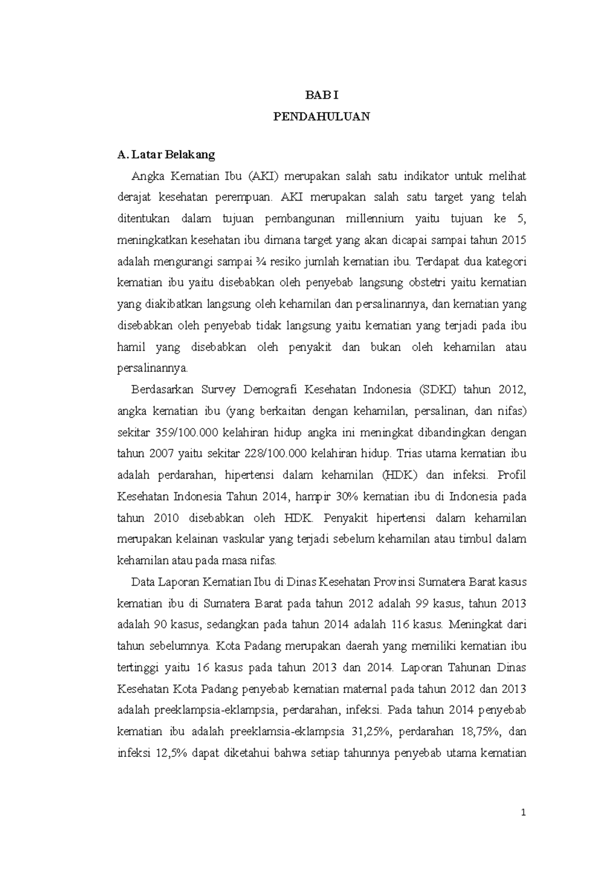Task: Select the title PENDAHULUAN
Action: (x=321, y=117)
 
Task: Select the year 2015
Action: (x=514, y=241)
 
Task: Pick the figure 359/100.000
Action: (x=187, y=432)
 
